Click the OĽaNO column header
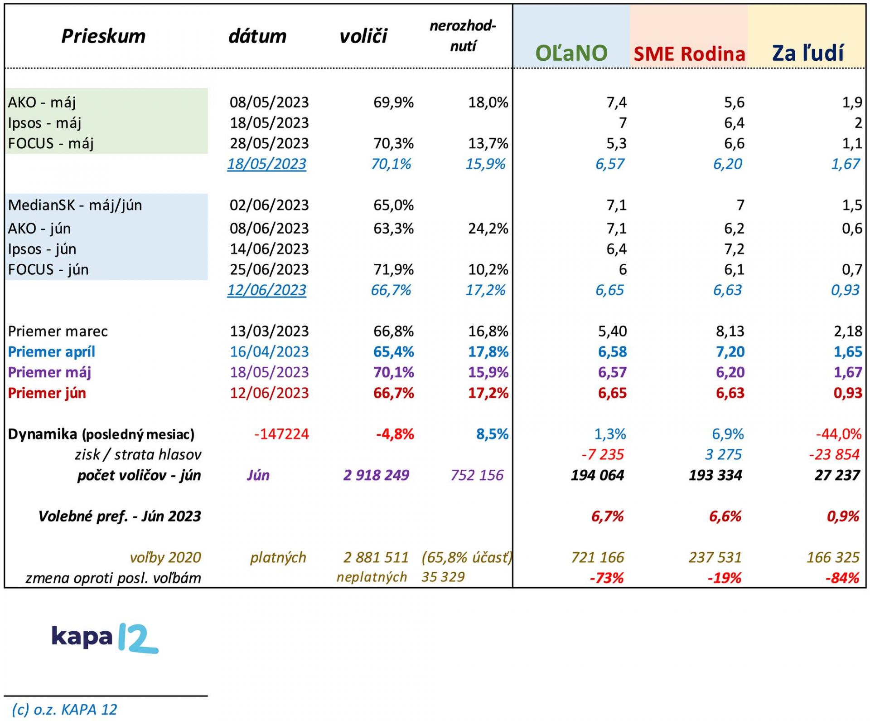(x=571, y=53)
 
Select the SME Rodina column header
(x=689, y=54)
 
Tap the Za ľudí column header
(x=807, y=53)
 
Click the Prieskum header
(x=103, y=36)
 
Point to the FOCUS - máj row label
(x=51, y=143)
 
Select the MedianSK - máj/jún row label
(x=75, y=205)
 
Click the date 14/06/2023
(x=269, y=249)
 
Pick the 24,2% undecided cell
(x=488, y=228)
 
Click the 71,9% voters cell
(x=393, y=269)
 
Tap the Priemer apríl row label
(x=52, y=352)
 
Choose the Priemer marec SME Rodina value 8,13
(x=730, y=331)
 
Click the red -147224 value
(x=281, y=434)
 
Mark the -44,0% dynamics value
(x=838, y=434)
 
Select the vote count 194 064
(x=597, y=475)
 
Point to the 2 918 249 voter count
(x=376, y=475)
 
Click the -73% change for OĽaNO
(x=606, y=578)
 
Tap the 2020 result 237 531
(x=715, y=557)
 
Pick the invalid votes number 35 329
(x=443, y=577)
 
